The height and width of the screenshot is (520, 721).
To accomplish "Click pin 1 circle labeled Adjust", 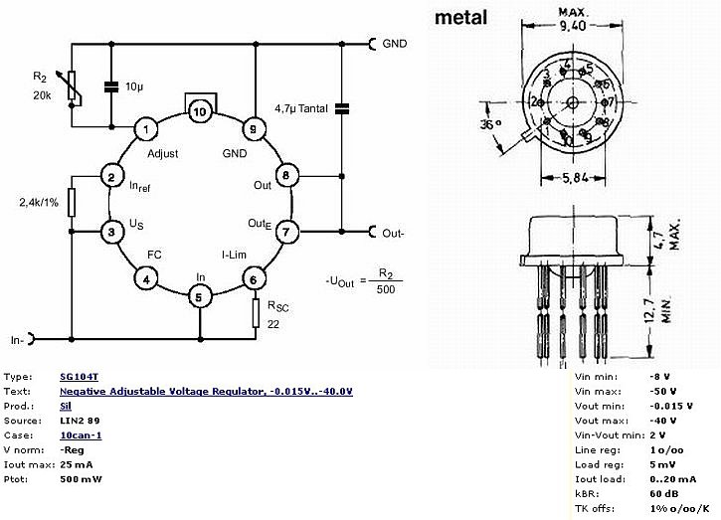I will pyautogui.click(x=146, y=128).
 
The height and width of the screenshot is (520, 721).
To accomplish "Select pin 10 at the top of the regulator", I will pyautogui.click(x=201, y=111).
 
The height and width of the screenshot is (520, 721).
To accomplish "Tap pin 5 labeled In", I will pyautogui.click(x=201, y=296).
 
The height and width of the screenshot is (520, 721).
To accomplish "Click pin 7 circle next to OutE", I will pyautogui.click(x=286, y=233).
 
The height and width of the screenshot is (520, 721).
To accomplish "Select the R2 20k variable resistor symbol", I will pyautogui.click(x=73, y=87).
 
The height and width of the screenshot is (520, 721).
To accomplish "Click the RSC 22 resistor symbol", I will pyautogui.click(x=257, y=313).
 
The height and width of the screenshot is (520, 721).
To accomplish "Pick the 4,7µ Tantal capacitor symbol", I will pyautogui.click(x=341, y=107).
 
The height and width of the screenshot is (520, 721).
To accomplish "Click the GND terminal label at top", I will pyautogui.click(x=397, y=44).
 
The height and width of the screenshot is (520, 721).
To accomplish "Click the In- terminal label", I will pyautogui.click(x=17, y=339).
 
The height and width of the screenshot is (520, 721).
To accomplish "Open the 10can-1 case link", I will pyautogui.click(x=81, y=435).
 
